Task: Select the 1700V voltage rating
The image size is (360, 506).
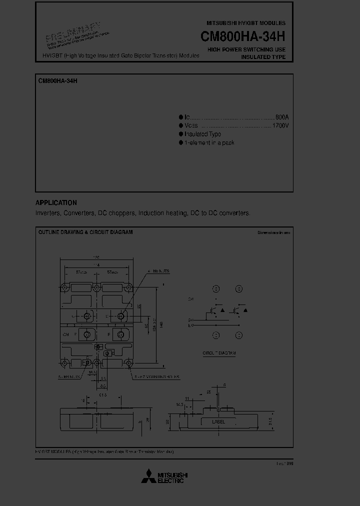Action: [280, 125]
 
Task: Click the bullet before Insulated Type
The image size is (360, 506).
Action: [181, 134]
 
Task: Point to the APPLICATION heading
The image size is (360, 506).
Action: [56, 203]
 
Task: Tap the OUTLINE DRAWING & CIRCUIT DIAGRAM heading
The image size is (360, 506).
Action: [85, 232]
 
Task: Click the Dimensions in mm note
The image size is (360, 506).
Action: [273, 232]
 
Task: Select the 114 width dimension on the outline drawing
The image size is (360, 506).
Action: [96, 265]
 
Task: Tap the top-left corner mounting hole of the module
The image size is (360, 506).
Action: [65, 288]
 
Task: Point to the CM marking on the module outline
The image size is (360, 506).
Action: [65, 334]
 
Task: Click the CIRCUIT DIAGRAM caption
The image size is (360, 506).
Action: [219, 353]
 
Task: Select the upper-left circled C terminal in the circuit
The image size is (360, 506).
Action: [216, 289]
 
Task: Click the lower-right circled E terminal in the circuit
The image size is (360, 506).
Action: [239, 335]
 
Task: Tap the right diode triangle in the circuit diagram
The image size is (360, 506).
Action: [245, 310]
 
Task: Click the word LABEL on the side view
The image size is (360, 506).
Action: [218, 422]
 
